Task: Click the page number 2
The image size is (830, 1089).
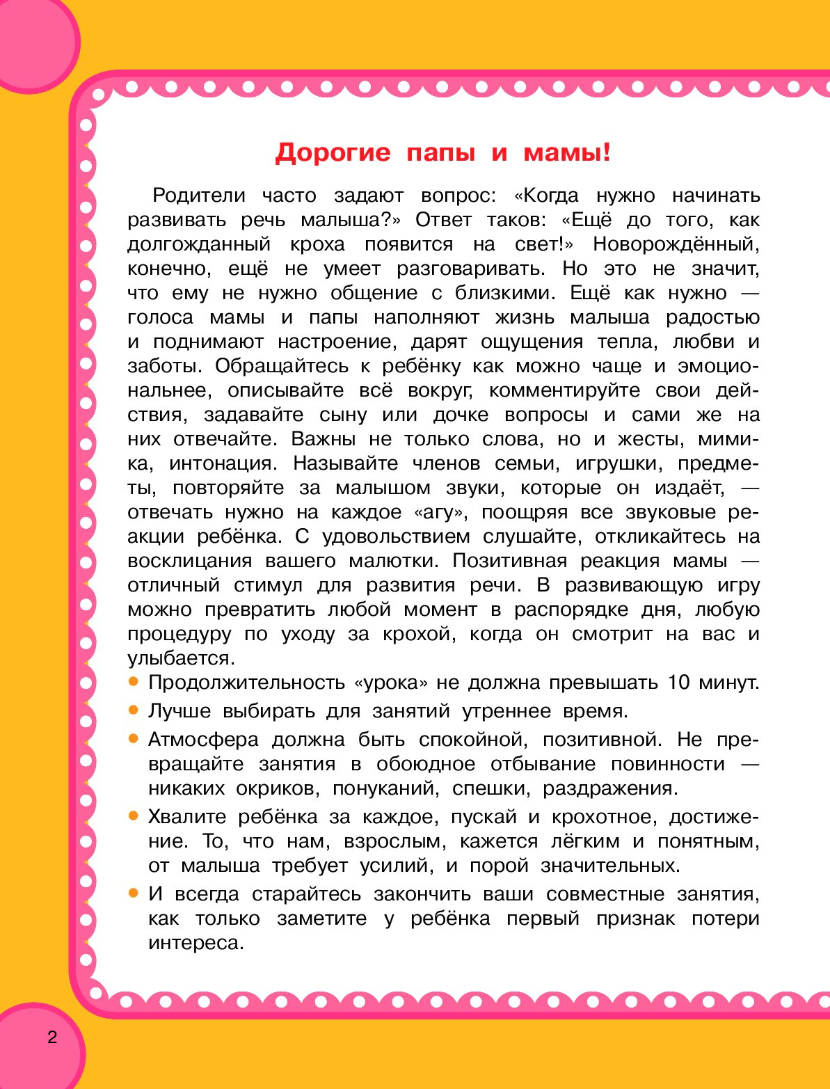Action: (x=52, y=1038)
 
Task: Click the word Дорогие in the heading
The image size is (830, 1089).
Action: (x=333, y=152)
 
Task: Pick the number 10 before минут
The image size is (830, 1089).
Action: (x=678, y=682)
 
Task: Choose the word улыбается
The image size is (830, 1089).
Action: (x=179, y=658)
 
